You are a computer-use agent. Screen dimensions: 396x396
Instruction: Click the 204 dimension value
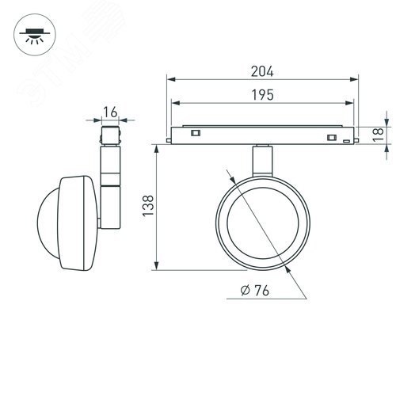262,71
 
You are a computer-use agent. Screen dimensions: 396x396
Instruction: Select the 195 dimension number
263,95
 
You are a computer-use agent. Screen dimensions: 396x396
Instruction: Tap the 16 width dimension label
110,112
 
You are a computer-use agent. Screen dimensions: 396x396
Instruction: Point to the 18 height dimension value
378,135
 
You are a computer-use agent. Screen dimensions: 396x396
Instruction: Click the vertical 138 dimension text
148,206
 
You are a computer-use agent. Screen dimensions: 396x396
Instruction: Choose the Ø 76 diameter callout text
255,291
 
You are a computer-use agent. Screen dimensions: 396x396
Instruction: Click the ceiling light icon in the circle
35,35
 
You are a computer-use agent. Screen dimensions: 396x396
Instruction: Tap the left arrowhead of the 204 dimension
172,79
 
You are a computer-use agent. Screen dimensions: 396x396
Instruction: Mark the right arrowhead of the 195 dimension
349,103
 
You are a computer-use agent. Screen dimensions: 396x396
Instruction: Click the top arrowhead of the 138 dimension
157,149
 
